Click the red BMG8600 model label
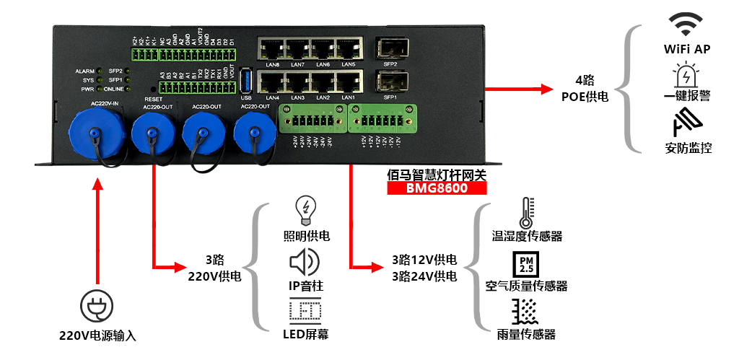437,189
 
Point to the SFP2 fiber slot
391,48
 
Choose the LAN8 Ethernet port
273,49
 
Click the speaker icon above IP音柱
305,260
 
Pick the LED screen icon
306,311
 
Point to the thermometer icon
522,214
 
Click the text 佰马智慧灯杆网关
436,173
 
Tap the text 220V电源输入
97,335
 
